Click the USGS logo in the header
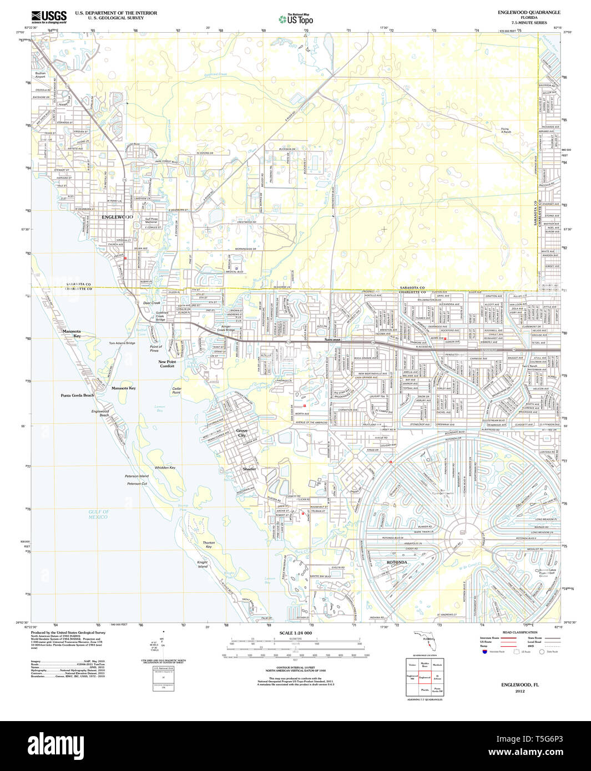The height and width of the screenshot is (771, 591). click(x=49, y=17)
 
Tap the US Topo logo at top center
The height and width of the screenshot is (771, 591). click(x=296, y=19)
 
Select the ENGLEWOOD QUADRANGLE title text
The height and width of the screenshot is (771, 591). click(x=529, y=12)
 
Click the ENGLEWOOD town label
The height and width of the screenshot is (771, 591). click(x=117, y=217)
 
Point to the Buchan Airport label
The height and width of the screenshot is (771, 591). click(x=41, y=75)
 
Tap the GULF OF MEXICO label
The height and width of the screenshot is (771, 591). click(x=98, y=514)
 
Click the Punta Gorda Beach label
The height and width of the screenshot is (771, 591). click(x=77, y=395)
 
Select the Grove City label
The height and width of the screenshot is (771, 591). click(x=242, y=433)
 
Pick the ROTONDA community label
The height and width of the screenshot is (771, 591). click(x=397, y=562)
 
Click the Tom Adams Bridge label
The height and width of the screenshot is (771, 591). click(x=122, y=343)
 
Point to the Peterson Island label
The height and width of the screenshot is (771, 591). click(x=137, y=476)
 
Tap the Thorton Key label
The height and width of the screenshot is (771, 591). click(x=209, y=545)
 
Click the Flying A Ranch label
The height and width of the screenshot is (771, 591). click(x=505, y=130)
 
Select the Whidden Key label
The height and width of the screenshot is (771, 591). click(x=165, y=468)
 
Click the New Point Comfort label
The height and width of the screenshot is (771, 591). click(x=167, y=364)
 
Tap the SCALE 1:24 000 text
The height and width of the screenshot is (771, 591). click(x=296, y=633)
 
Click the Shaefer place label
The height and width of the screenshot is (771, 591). click(x=249, y=469)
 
